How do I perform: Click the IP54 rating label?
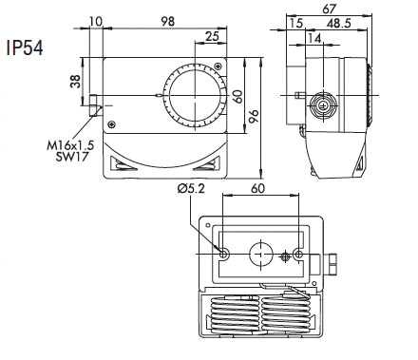click(x=25, y=48)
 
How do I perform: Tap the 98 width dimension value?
click(x=167, y=21)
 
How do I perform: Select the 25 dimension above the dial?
click(x=212, y=36)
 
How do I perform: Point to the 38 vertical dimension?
click(x=76, y=81)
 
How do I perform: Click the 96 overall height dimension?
click(x=254, y=117)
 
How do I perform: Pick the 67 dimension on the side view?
click(x=330, y=9)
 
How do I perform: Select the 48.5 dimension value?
click(x=339, y=23)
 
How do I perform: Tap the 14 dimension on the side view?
click(x=314, y=38)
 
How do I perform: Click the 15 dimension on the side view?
click(x=296, y=23)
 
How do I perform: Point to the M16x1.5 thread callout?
click(x=70, y=145)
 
